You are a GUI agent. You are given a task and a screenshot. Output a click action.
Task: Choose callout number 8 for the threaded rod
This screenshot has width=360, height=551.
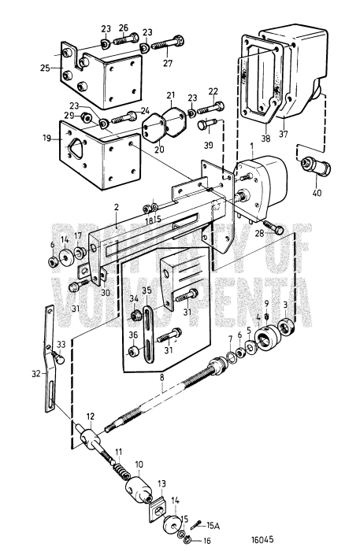click(x=161, y=379)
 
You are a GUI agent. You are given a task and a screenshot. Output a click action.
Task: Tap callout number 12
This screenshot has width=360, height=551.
click(x=91, y=416)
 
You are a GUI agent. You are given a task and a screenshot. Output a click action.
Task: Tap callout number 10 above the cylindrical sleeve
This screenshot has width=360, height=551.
click(x=139, y=464)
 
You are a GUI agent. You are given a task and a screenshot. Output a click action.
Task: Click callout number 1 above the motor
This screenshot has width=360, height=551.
click(x=251, y=147)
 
